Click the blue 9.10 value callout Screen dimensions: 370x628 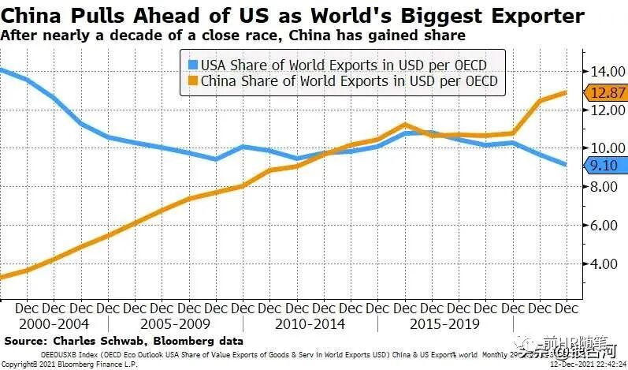604,165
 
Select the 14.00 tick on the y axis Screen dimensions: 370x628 603,71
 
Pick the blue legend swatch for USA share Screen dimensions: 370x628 192,65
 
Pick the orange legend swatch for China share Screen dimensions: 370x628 192,80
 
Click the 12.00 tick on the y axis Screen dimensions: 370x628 603,109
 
